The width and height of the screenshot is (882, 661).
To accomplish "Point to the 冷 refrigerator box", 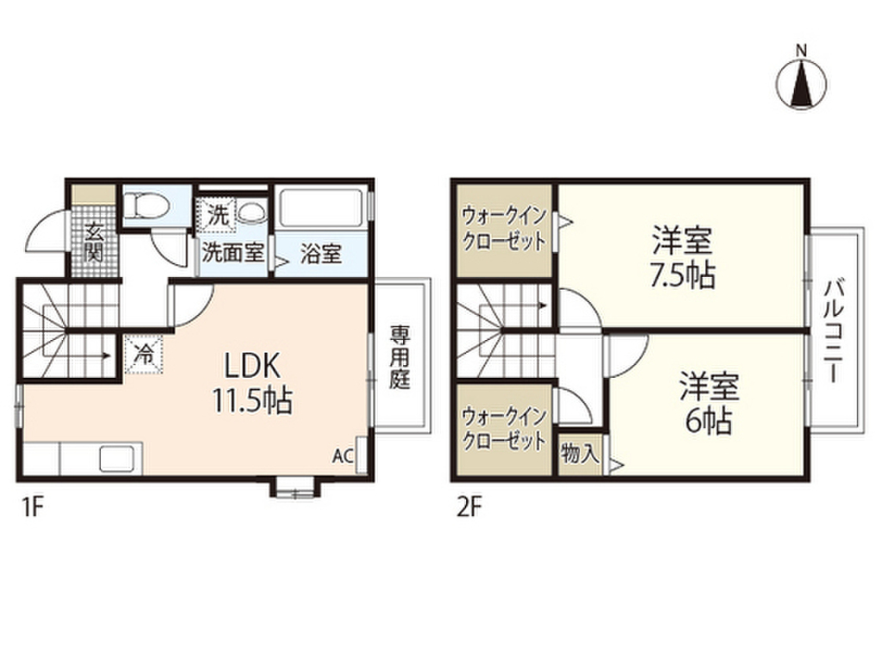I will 144,353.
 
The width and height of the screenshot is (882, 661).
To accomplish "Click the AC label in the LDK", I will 342,456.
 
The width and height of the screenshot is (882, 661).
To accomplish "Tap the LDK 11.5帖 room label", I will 253,383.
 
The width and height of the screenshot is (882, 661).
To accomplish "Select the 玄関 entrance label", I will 92,241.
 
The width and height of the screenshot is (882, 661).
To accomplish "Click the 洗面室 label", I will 233,255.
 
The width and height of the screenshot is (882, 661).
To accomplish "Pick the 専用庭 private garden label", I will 399,357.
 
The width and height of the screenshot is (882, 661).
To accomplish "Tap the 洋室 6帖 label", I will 708,404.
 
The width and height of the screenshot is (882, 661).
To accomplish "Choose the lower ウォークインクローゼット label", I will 504,430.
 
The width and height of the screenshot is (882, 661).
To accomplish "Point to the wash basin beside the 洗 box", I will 252,213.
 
